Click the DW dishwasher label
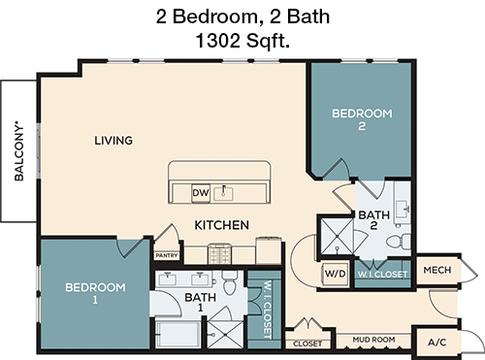pyautogui.click(x=201, y=191)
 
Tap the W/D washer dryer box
pyautogui.click(x=335, y=275)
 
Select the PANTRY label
pyautogui.click(x=166, y=255)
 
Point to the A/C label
pyautogui.click(x=437, y=342)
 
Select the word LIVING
pyautogui.click(x=113, y=141)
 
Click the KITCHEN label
pyautogui.click(x=222, y=225)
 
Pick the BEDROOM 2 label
pyautogui.click(x=362, y=120)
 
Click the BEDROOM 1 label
pyautogui.click(x=95, y=294)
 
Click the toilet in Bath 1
pyautogui.click(x=230, y=281)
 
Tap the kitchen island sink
pyautogui.click(x=225, y=190)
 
